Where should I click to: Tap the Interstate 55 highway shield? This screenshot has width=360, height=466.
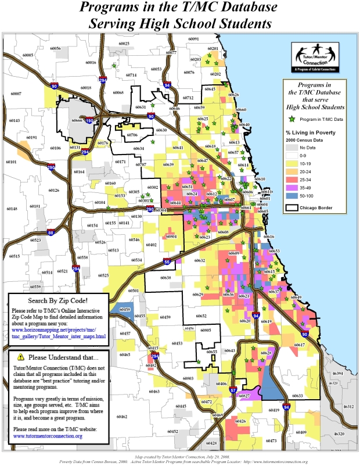[167, 262]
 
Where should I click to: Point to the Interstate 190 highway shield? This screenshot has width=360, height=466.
[89, 121]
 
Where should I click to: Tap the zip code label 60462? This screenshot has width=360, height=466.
[122, 417]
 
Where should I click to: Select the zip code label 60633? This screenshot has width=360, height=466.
[297, 396]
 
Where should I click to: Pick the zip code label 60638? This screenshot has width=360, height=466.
[165, 278]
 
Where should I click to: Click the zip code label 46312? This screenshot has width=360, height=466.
[348, 407]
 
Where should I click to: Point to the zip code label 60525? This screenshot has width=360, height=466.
[104, 275]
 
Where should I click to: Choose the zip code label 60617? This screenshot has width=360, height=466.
[299, 345]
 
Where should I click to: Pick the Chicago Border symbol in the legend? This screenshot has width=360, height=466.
[291, 207]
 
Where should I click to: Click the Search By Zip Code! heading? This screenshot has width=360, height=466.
[58, 300]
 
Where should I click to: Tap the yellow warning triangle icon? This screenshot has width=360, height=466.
[21, 356]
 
